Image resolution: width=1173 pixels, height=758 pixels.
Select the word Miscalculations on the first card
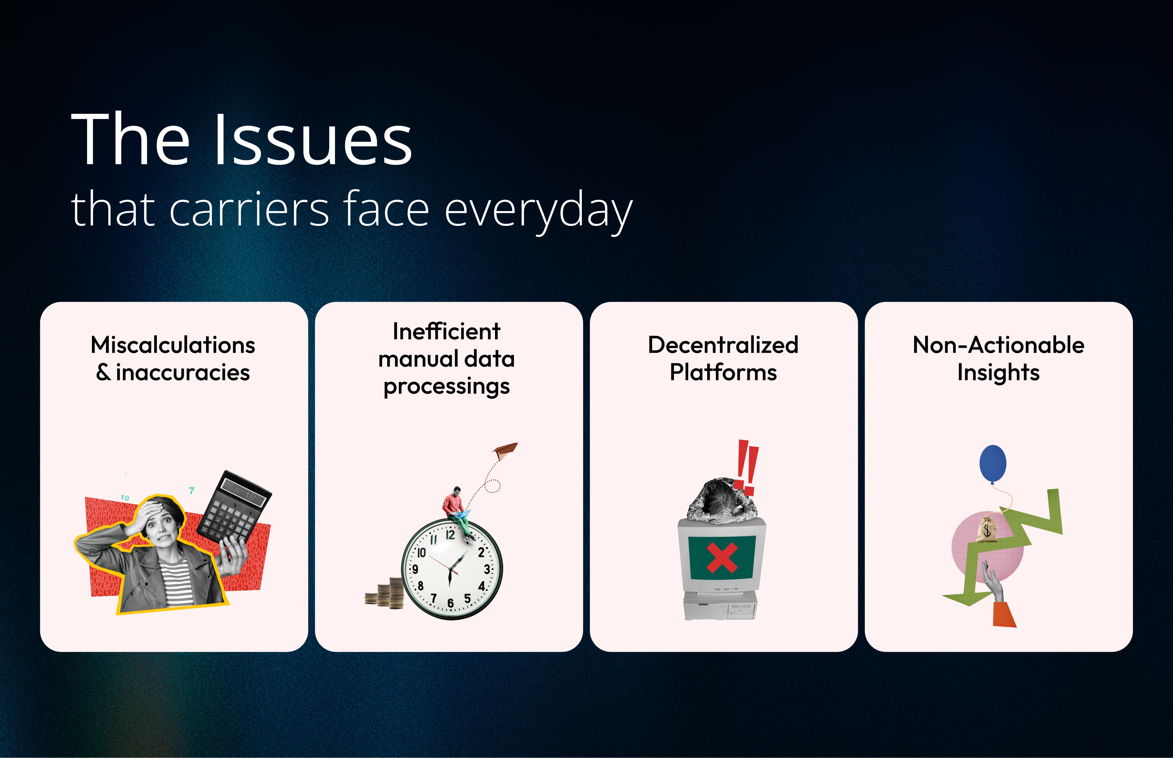pos(173,345)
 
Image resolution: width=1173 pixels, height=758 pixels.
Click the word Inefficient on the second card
pos(446,331)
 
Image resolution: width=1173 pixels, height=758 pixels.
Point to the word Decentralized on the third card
pos(723,345)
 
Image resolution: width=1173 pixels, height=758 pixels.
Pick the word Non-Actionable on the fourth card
pos(998,345)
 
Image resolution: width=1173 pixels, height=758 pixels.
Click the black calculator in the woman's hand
pos(234,507)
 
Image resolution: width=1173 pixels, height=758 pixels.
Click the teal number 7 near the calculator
pos(192,490)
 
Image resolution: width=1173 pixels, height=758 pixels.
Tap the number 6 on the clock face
pos(450,603)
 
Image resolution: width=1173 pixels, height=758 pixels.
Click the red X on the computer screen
pos(722,558)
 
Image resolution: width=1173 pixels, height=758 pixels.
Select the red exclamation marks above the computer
pos(746,468)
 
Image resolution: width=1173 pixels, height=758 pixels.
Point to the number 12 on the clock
pos(450,535)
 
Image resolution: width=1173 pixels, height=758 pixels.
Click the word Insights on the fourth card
pos(998,372)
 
